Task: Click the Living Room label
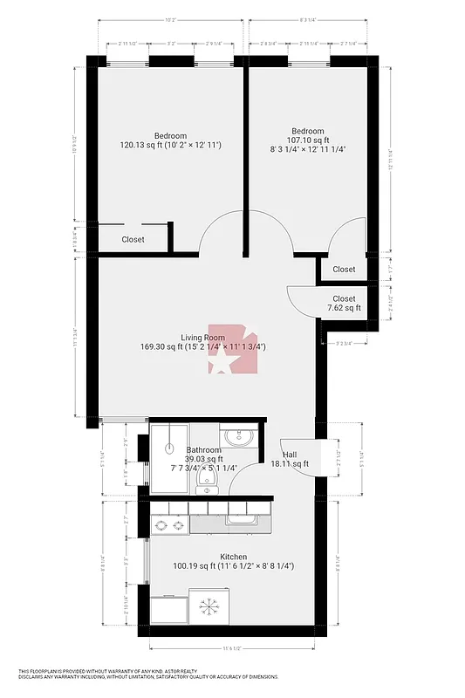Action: pyautogui.click(x=202, y=338)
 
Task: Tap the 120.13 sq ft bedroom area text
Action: pyautogui.click(x=170, y=145)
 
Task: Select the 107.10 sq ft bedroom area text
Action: pyautogui.click(x=308, y=140)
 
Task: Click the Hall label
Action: pyautogui.click(x=290, y=455)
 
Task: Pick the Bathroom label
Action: pyautogui.click(x=203, y=450)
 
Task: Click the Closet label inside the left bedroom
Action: pyautogui.click(x=133, y=239)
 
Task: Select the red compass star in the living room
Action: pyautogui.click(x=229, y=353)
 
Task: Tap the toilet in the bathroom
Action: pyautogui.click(x=207, y=478)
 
